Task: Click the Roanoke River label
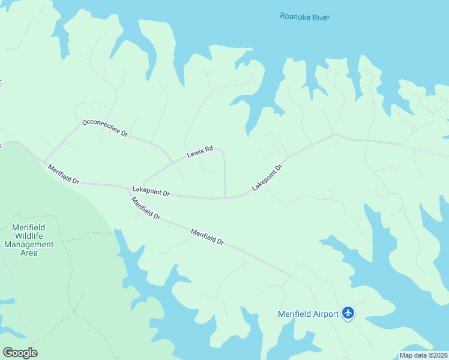[x=304, y=17]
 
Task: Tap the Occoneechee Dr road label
[x=105, y=127]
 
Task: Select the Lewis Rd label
[x=200, y=152]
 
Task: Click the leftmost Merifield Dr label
[x=63, y=174]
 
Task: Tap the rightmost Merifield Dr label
[x=207, y=236]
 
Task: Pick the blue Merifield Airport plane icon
[x=348, y=313]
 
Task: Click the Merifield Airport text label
[x=309, y=313]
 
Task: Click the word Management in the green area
[x=29, y=245]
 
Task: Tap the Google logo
[x=20, y=352]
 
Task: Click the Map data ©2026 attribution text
[x=423, y=355]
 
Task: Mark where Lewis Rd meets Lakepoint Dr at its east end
[x=224, y=197]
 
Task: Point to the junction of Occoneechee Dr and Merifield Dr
[x=44, y=161]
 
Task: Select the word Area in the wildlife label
[x=29, y=253]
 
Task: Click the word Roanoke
[x=294, y=17]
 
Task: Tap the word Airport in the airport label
[x=324, y=313]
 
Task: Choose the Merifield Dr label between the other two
[x=146, y=208]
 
